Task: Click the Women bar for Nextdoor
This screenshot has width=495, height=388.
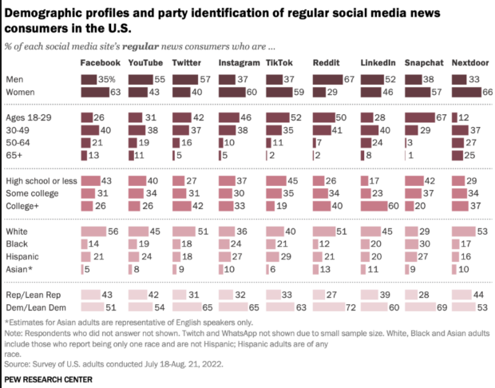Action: coord(468,93)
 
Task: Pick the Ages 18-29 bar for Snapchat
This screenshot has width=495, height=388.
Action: coord(422,117)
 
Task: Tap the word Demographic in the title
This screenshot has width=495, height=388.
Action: coord(44,12)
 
